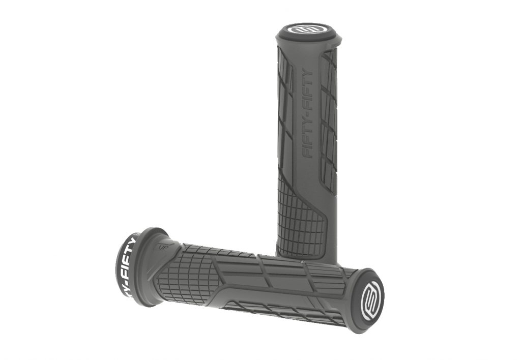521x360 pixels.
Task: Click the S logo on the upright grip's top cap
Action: click(x=307, y=29)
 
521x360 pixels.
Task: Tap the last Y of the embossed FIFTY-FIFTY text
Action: click(x=307, y=73)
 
